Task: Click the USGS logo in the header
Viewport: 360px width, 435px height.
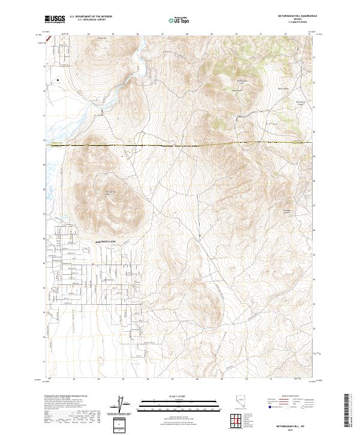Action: (55, 19)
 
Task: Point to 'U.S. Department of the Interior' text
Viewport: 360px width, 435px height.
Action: (91, 17)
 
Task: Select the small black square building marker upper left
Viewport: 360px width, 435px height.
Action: (58, 79)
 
